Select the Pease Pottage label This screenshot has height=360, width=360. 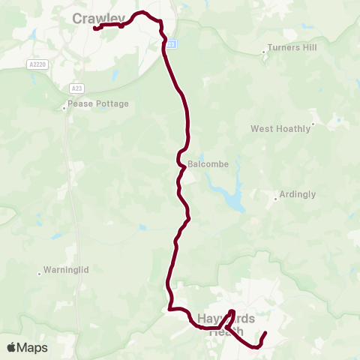click(x=98, y=103)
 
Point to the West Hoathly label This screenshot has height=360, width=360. click(x=280, y=128)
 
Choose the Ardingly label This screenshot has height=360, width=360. click(x=297, y=194)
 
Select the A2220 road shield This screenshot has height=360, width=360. click(x=37, y=64)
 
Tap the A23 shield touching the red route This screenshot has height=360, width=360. click(x=171, y=44)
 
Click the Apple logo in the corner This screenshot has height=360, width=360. click(x=13, y=347)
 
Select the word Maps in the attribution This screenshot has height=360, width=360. click(x=33, y=347)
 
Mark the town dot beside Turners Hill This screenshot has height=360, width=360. click(x=264, y=52)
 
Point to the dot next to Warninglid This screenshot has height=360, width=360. click(x=39, y=273)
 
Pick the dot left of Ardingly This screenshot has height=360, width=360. click(x=275, y=199)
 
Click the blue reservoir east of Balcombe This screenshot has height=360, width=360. click(x=232, y=195)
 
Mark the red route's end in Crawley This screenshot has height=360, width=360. click(x=95, y=28)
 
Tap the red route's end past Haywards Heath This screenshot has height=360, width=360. click(x=265, y=333)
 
